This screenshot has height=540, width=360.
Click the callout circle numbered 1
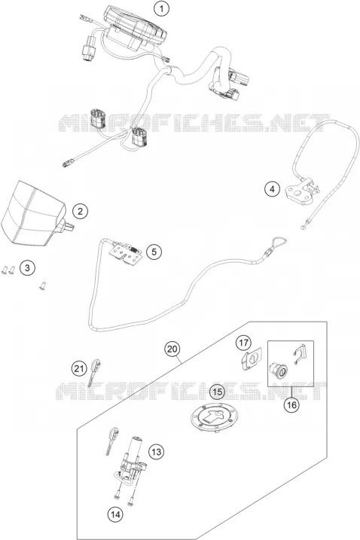tap(161, 9)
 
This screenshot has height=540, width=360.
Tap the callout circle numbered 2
tap(81, 211)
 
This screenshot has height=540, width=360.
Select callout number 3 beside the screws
tap(27, 267)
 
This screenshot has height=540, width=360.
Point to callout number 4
tap(272, 189)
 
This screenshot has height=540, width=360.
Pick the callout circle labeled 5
tap(154, 252)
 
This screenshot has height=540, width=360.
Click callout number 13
tap(157, 451)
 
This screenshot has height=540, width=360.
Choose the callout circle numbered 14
tap(114, 514)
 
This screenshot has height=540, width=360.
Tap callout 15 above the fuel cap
tap(218, 392)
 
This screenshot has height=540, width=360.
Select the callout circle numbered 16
tap(291, 405)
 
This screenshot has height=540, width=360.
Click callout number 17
tap(243, 343)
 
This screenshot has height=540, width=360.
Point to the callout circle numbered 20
tap(172, 349)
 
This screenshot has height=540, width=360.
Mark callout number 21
tap(79, 369)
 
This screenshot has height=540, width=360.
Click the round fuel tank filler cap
tap(215, 417)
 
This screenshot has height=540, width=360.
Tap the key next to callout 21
tap(94, 373)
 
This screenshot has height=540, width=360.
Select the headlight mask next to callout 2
tap(34, 215)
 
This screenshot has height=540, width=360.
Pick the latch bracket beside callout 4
tap(301, 190)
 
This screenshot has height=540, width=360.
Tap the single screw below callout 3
tap(43, 286)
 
